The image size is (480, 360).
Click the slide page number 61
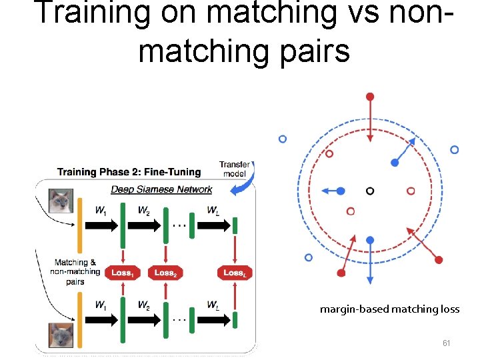(x=447, y=343)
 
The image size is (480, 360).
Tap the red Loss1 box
(x=123, y=273)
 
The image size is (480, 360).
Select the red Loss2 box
(x=165, y=273)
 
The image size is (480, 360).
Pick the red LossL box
(x=235, y=273)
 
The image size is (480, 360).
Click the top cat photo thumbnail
(x=61, y=201)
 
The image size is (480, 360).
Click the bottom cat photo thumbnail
(x=61, y=335)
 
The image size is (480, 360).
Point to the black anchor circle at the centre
(x=370, y=191)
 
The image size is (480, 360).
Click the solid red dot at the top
(x=370, y=97)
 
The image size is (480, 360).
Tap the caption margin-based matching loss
(x=389, y=309)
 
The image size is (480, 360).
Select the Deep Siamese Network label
(x=161, y=189)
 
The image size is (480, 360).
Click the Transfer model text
(x=234, y=169)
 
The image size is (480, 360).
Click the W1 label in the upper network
(x=101, y=211)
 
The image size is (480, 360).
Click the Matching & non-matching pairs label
(x=77, y=271)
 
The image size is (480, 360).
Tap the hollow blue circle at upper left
(x=283, y=139)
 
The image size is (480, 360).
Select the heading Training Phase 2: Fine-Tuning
(x=129, y=173)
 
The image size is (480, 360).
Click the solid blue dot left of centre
(x=340, y=191)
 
